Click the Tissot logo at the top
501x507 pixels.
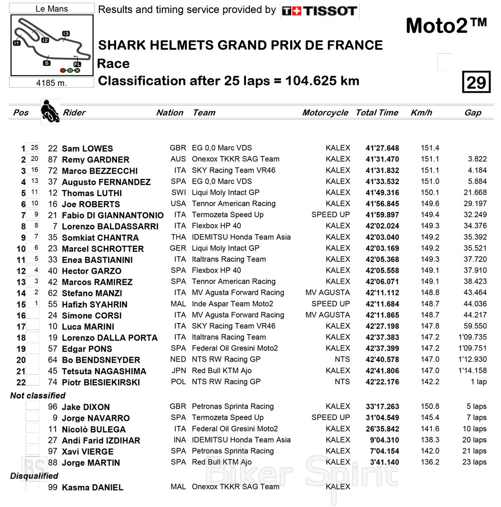click(x=319, y=11)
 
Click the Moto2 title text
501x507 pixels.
click(x=446, y=26)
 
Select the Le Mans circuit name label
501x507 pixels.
click(x=52, y=9)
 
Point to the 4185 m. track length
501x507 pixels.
click(x=52, y=83)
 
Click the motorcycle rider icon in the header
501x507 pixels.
click(x=50, y=112)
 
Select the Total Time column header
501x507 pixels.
click(x=377, y=113)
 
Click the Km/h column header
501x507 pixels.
click(x=421, y=113)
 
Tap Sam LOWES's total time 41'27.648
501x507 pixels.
click(x=382, y=148)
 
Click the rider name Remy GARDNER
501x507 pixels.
click(x=95, y=160)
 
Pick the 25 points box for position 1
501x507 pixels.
click(x=34, y=148)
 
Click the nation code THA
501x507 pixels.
click(x=178, y=237)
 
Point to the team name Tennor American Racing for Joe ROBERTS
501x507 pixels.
click(x=233, y=204)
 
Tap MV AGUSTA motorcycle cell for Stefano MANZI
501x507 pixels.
click(x=327, y=293)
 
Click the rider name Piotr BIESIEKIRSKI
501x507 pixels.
click(x=101, y=383)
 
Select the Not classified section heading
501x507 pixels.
click(x=38, y=396)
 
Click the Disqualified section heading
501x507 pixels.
click(x=34, y=476)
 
